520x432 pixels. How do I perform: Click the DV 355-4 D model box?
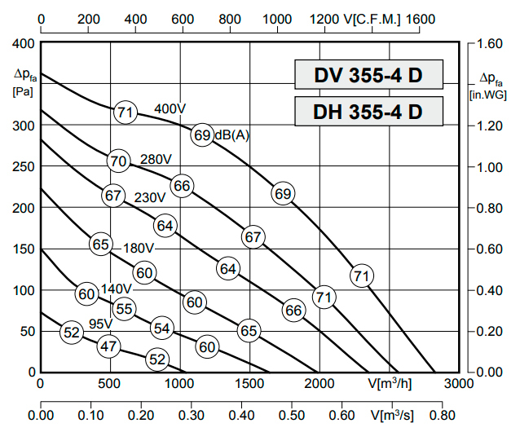368,75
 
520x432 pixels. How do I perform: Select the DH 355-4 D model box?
368,111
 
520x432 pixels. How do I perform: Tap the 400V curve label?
170,108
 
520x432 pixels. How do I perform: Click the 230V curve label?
150,196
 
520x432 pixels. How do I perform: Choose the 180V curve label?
139,247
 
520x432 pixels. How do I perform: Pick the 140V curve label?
116,289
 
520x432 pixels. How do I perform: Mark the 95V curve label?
100,324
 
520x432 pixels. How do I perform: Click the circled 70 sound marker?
118,161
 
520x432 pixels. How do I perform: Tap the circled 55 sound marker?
124,309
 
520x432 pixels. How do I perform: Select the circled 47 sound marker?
108,346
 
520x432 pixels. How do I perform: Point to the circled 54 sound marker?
162,328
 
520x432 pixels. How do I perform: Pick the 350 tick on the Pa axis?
23,85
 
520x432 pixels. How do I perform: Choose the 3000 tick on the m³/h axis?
461,382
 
